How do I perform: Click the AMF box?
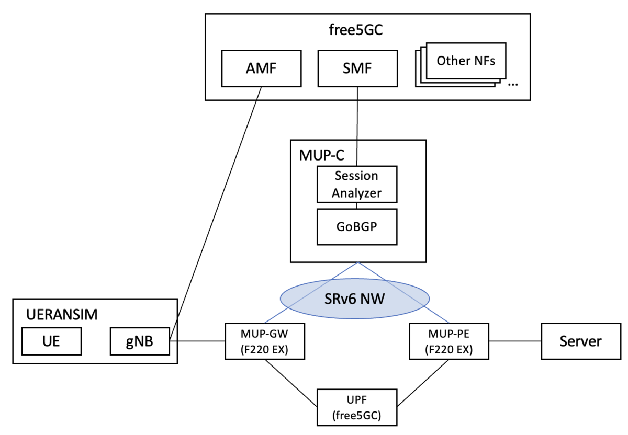(261, 68)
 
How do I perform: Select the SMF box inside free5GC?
(357, 68)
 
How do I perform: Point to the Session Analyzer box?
(357, 184)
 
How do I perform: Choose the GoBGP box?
(357, 226)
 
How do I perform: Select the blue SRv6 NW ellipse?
(355, 298)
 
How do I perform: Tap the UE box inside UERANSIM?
(51, 341)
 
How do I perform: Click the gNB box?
(139, 341)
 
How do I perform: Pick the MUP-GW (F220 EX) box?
(265, 341)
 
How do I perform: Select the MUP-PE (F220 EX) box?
(448, 341)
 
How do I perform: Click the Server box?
(580, 341)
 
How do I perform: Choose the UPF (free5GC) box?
(357, 407)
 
